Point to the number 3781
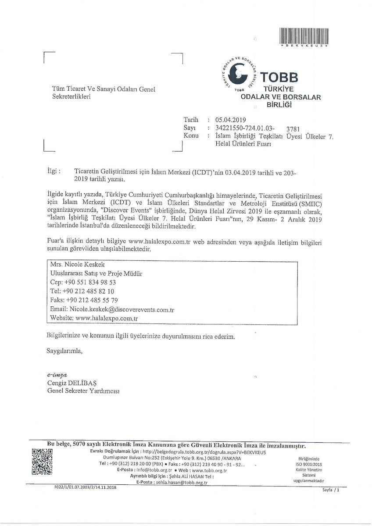(x=292, y=129)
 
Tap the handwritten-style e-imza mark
(x=57, y=375)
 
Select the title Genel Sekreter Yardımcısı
(x=83, y=391)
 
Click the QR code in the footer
(x=43, y=462)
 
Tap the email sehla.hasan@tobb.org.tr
(x=181, y=482)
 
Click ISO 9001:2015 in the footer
(x=310, y=464)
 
